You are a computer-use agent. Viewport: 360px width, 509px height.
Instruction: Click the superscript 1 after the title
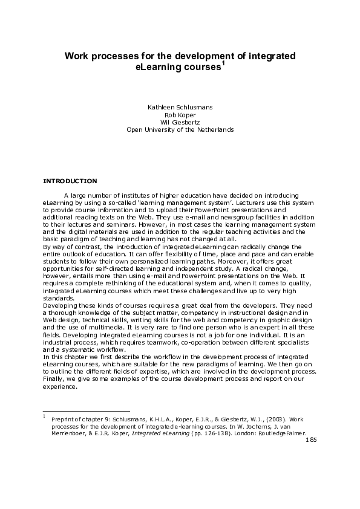point(224,63)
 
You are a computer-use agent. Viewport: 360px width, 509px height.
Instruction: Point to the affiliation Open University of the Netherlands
point(180,129)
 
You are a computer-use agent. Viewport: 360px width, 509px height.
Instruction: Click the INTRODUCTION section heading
point(71,181)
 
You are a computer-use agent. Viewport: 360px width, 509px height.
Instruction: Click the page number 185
point(311,440)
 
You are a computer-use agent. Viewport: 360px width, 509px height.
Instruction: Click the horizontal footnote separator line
point(87,411)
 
